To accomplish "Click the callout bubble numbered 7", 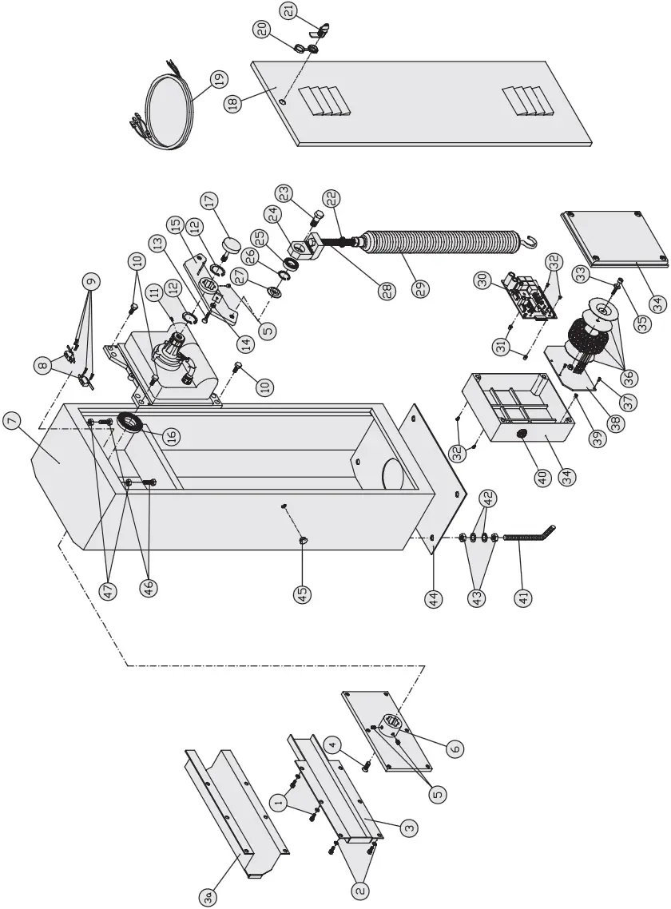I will (x=15, y=421).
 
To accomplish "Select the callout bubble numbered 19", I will (x=216, y=79).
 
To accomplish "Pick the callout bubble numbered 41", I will (x=524, y=597).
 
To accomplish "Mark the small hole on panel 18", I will (x=284, y=101).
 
